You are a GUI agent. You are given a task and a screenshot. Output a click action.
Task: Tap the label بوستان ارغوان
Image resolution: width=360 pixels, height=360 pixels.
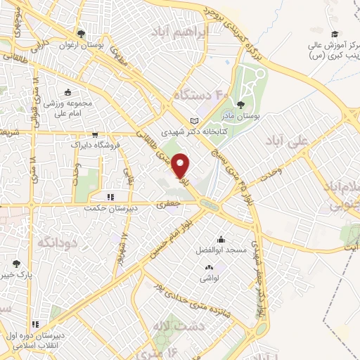(x=82, y=44)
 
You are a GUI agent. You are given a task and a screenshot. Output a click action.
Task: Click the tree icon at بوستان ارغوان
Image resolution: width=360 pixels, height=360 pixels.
(x=82, y=33)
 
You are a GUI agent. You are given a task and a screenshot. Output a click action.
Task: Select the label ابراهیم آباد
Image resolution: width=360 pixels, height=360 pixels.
(x=181, y=32)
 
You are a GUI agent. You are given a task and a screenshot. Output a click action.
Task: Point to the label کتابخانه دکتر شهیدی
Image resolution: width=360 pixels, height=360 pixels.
(x=190, y=131)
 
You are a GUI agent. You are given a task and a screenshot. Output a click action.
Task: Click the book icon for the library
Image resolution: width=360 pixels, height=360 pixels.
(x=195, y=120)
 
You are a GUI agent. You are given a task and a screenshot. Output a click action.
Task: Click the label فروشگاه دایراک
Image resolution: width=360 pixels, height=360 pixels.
(x=94, y=145)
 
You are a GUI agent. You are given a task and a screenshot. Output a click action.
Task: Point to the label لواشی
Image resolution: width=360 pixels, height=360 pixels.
(x=210, y=278)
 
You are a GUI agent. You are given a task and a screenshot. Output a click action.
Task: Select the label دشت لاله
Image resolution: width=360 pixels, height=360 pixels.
(x=169, y=326)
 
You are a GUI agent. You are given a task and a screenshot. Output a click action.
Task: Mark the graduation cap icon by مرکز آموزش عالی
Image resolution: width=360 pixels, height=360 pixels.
(x=335, y=34)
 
